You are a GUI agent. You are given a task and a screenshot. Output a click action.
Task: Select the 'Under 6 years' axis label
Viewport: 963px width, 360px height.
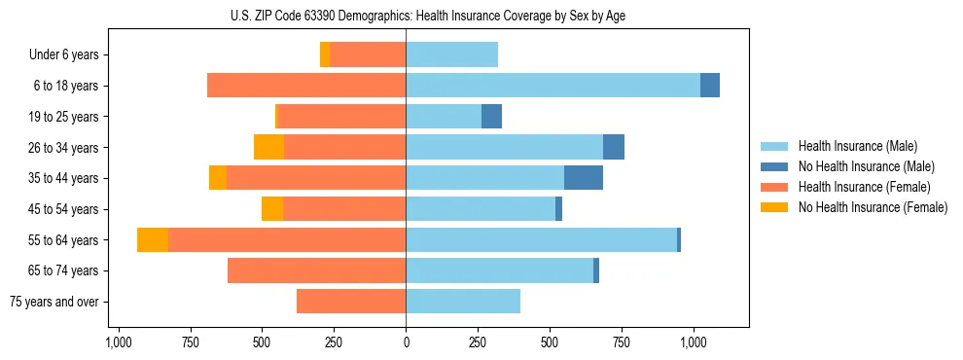click(70, 55)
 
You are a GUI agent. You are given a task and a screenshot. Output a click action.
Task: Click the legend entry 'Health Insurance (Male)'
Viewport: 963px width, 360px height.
click(857, 146)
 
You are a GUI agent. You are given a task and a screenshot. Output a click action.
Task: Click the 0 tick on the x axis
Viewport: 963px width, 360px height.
click(406, 342)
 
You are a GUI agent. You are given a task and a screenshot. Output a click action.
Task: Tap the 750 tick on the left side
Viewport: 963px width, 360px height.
click(190, 342)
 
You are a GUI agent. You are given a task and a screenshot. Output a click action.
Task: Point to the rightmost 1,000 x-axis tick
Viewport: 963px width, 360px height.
click(693, 342)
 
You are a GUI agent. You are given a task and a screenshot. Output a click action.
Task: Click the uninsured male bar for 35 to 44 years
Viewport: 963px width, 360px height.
click(584, 178)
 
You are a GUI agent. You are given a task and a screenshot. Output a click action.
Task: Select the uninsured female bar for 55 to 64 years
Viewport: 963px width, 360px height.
click(153, 239)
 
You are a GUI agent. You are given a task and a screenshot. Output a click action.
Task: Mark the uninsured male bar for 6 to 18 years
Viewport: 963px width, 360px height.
click(710, 86)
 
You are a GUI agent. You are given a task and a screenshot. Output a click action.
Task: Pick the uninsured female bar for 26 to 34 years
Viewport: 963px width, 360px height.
click(268, 147)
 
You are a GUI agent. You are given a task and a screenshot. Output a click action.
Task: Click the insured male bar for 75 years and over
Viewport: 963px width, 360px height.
click(463, 302)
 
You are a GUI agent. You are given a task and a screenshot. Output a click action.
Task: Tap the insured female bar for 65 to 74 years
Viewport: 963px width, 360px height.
click(316, 270)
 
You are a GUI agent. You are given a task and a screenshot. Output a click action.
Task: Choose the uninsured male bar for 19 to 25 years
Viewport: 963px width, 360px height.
click(491, 117)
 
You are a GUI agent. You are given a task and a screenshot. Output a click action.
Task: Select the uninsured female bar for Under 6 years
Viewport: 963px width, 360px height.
click(325, 55)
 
